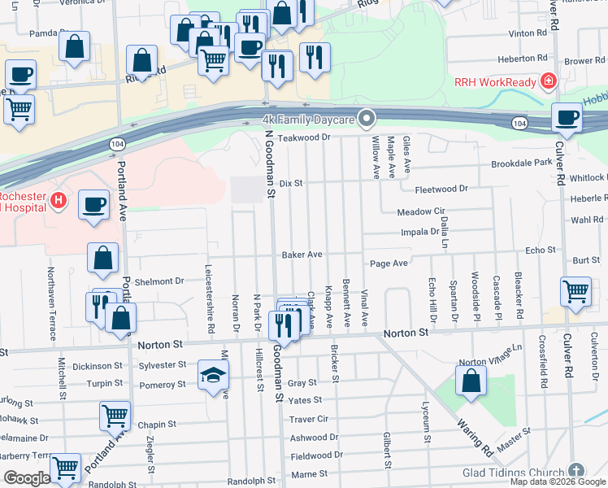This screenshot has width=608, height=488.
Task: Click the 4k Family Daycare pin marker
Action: [x=367, y=120]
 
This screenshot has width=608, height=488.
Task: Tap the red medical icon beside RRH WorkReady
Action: [x=549, y=82]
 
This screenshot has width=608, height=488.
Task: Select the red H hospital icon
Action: [x=58, y=200]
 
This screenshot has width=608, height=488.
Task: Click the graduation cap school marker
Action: [x=214, y=375]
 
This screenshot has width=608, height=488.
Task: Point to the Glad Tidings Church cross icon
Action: [x=575, y=472]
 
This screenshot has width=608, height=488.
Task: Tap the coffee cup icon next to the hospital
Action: [x=93, y=204]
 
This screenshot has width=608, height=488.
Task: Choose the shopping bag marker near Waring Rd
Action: [x=471, y=381]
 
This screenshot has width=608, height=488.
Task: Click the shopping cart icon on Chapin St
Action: [x=115, y=416]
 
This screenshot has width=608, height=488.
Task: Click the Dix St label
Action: [x=291, y=184]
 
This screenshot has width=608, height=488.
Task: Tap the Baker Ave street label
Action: [x=302, y=255]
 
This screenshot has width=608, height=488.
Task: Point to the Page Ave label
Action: [x=389, y=264]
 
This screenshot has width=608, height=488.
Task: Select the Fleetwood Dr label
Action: [x=441, y=189]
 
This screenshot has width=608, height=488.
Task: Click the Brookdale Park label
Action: [x=521, y=163]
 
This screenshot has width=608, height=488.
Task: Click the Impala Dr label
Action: [x=420, y=232]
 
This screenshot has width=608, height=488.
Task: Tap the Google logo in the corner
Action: [x=27, y=478]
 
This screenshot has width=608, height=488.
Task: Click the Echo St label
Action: [x=540, y=251]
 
